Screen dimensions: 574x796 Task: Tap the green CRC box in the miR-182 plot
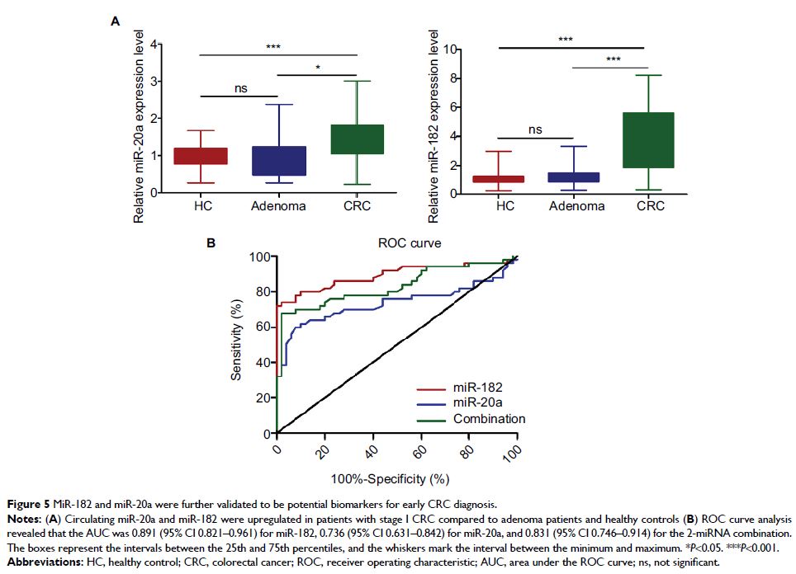pyautogui.click(x=650, y=140)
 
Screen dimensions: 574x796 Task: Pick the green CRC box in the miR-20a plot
pyautogui.click(x=356, y=139)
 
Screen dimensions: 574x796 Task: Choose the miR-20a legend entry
pyautogui.click(x=476, y=402)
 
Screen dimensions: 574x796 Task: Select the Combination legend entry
pyautogui.click(x=489, y=419)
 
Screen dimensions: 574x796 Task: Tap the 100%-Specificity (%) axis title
pyautogui.click(x=389, y=478)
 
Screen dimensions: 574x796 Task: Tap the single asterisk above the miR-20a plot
pyautogui.click(x=315, y=68)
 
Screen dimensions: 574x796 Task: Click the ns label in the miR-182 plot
pyautogui.click(x=536, y=129)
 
